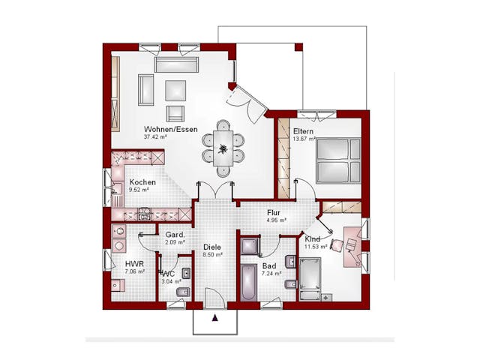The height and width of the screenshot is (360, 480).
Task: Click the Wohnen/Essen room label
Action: tap(171, 129)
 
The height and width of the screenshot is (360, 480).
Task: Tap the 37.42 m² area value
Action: tap(155, 137)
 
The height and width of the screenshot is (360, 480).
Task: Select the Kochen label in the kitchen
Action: tap(142, 182)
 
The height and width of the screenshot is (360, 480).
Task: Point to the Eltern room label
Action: tap(303, 131)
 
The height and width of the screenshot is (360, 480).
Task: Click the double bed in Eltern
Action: tap(337, 160)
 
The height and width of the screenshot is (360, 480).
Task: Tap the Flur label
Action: tap(274, 212)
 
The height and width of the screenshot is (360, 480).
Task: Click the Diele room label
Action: tap(212, 246)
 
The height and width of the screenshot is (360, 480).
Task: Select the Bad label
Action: tap(268, 265)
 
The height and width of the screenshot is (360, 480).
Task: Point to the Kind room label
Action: tap(312, 238)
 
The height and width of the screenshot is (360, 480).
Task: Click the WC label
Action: tap(168, 274)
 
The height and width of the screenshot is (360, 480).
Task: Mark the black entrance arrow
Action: tap(216, 317)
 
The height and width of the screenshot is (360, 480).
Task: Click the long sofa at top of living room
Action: tap(176, 65)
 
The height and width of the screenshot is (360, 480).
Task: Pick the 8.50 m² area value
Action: tap(212, 254)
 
